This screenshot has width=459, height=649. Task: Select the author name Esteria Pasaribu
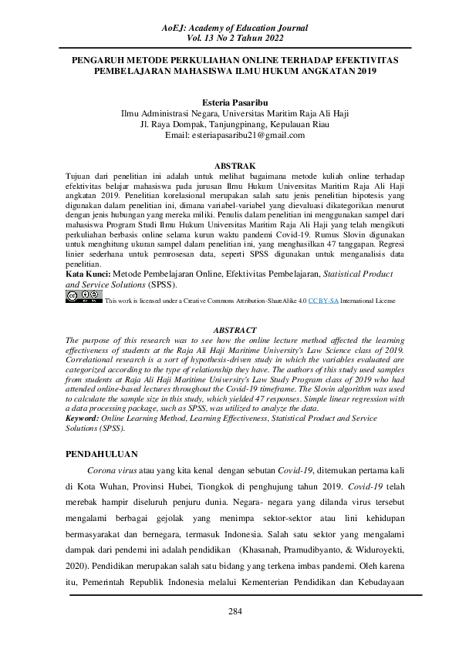[229, 102]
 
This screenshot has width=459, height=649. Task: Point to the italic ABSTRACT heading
[229, 330]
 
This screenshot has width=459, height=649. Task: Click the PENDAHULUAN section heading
[101, 456]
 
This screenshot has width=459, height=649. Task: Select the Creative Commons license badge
[83, 296]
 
